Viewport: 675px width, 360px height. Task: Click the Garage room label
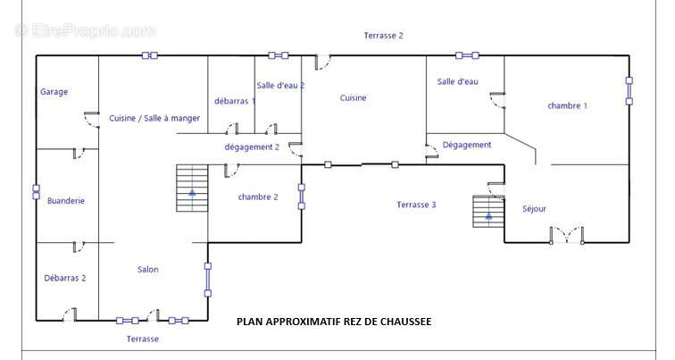pyautogui.click(x=54, y=92)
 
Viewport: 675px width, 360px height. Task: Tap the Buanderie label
pyautogui.click(x=66, y=201)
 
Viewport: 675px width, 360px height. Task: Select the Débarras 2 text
pyautogui.click(x=65, y=278)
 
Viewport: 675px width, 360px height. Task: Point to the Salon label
pyautogui.click(x=147, y=270)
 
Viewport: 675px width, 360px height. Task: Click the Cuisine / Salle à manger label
pyautogui.click(x=154, y=118)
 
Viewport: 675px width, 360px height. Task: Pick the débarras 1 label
pyautogui.click(x=235, y=101)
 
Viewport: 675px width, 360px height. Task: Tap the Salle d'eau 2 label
pyautogui.click(x=280, y=85)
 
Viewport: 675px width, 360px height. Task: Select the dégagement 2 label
pyautogui.click(x=252, y=147)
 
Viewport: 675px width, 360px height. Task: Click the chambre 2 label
pyautogui.click(x=258, y=197)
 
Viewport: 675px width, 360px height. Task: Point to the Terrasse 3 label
pyautogui.click(x=416, y=205)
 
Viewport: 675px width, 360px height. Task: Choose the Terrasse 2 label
pyautogui.click(x=384, y=36)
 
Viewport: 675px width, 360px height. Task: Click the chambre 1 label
pyautogui.click(x=567, y=106)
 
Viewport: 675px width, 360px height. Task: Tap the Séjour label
pyautogui.click(x=534, y=209)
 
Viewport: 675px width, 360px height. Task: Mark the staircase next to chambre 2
pyautogui.click(x=192, y=188)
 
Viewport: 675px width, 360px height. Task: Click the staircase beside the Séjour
pyautogui.click(x=488, y=212)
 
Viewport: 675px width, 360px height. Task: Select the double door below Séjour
pyautogui.click(x=566, y=235)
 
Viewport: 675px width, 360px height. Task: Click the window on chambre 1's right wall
pyautogui.click(x=629, y=91)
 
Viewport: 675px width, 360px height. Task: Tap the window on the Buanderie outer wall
pyautogui.click(x=36, y=192)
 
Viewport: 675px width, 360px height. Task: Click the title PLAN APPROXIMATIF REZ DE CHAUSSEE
pyautogui.click(x=334, y=322)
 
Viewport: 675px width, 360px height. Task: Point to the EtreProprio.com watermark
pyautogui.click(x=85, y=31)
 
